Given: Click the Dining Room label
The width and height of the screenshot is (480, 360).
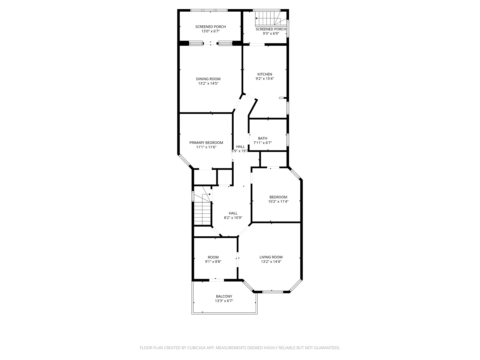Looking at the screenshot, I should coord(208,79).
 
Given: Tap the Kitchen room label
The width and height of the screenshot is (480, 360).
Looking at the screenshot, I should coord(265,74).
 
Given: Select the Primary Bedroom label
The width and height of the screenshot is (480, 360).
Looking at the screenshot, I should coord(206,143).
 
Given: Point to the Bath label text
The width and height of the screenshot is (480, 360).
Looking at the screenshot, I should coord(262,138).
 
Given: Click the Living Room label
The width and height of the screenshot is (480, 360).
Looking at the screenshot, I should coord(271,257).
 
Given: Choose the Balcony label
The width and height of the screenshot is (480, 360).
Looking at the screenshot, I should coord(224,296).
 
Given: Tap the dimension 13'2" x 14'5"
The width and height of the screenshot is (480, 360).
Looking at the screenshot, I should coord(208,84).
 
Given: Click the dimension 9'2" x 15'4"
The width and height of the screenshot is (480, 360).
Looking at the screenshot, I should coord(265,79).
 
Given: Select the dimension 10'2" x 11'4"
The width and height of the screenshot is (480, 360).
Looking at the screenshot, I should coord(278,201).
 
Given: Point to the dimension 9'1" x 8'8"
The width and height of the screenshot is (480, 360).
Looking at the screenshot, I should coord(213,262).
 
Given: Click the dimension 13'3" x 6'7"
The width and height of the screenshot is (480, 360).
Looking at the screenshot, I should coord(224,301).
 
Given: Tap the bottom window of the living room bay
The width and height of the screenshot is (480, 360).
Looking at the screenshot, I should coord(272,292).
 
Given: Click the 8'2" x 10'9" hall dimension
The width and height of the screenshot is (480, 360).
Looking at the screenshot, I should coord(233,218).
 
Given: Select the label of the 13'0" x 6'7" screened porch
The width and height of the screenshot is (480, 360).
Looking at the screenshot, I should coord(210,27).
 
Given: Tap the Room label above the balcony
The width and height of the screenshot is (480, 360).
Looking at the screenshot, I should coord(213,257).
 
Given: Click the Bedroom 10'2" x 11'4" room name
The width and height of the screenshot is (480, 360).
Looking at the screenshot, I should coord(278,197).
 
